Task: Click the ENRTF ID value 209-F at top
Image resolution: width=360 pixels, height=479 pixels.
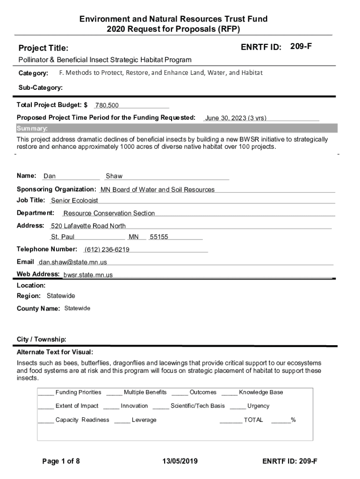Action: pyautogui.click(x=301, y=46)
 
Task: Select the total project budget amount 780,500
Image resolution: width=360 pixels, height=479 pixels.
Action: pyautogui.click(x=107, y=106)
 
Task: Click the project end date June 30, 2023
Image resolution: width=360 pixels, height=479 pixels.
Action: pyautogui.click(x=236, y=118)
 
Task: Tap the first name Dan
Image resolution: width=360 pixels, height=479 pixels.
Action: pyautogui.click(x=50, y=176)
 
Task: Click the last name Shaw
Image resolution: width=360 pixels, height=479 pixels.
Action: pyautogui.click(x=114, y=176)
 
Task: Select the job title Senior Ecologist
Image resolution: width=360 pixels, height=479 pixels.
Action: pyautogui.click(x=74, y=201)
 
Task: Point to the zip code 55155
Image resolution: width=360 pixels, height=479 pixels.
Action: pyautogui.click(x=159, y=237)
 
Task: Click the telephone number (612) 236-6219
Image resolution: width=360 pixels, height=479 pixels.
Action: pyautogui.click(x=107, y=249)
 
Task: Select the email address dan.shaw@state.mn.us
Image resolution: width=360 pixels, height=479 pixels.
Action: pyautogui.click(x=73, y=262)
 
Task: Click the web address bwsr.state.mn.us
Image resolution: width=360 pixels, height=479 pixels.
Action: pyautogui.click(x=88, y=275)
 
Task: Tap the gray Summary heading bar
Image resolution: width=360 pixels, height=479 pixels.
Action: pyautogui.click(x=177, y=129)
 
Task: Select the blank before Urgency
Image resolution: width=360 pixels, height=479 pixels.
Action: pyautogui.click(x=238, y=406)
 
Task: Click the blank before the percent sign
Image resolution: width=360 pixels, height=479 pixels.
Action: pyautogui.click(x=281, y=421)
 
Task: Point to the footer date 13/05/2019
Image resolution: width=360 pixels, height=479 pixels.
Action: pyautogui.click(x=180, y=462)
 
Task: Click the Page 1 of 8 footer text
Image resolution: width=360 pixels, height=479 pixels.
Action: pyautogui.click(x=61, y=462)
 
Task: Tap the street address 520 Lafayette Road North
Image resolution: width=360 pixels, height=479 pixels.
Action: pyautogui.click(x=88, y=226)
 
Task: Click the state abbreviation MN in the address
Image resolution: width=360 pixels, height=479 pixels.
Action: pyautogui.click(x=134, y=237)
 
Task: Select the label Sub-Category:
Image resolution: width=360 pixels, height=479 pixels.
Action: pyautogui.click(x=41, y=88)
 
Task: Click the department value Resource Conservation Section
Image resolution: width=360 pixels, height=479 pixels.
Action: pyautogui.click(x=109, y=213)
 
